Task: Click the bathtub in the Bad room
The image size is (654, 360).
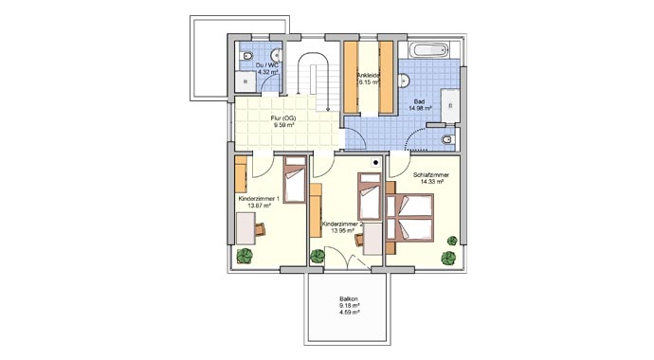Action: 429,50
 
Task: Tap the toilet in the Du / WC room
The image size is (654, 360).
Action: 246,55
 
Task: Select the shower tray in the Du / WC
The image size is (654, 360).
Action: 245,81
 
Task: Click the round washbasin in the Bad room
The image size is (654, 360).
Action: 403,81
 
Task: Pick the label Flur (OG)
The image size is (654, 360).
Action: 283,118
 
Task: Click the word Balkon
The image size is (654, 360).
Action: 349,298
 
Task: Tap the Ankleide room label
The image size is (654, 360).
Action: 369,76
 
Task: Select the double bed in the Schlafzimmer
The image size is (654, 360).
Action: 410,218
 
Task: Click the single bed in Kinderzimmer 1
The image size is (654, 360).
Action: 295,180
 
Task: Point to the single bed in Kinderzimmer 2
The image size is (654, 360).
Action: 370,196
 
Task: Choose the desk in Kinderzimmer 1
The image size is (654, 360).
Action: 245,228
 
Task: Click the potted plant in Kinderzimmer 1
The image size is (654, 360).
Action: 245,256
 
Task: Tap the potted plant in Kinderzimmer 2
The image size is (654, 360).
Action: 318,256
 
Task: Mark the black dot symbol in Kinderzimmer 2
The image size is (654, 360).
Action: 375,163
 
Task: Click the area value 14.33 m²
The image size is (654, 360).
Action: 431,182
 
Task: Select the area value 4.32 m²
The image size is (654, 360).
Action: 268,72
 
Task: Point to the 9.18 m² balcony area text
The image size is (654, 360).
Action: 349,305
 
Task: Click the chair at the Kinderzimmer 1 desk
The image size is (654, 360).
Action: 261,229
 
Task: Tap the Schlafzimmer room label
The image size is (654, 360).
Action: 431,175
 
